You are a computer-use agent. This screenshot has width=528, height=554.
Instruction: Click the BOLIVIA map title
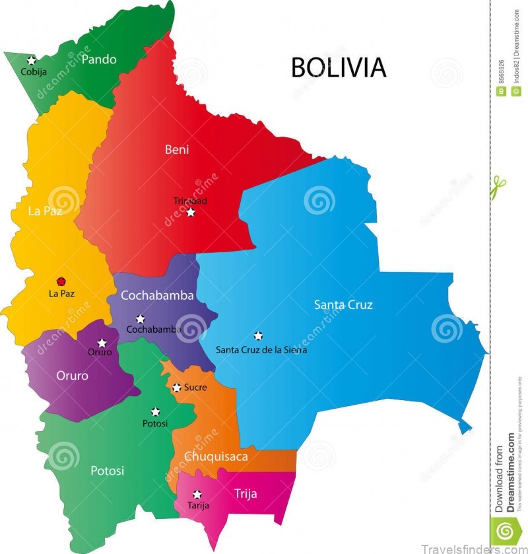click(339, 67)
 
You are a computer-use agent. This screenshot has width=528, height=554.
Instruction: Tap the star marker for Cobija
click(31, 61)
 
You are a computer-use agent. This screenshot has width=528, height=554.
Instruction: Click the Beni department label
click(176, 150)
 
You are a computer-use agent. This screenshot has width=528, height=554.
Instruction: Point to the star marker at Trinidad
click(191, 212)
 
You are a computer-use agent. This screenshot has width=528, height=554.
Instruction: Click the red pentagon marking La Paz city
click(61, 281)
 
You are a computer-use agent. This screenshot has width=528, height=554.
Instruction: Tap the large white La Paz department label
click(45, 211)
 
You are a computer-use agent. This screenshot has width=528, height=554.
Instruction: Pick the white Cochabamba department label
click(157, 295)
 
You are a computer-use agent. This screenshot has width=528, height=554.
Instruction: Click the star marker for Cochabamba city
click(141, 319)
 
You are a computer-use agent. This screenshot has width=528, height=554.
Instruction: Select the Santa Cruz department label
click(343, 304)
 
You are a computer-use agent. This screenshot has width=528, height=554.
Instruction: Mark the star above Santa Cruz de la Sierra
click(258, 335)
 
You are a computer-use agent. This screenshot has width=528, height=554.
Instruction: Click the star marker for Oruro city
click(102, 343)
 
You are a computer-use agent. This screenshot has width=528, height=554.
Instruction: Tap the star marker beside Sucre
click(176, 388)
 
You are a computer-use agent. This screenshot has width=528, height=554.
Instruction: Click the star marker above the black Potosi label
click(156, 411)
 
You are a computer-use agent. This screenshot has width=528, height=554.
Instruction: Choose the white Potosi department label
click(107, 471)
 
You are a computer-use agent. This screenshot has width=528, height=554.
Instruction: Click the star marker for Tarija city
click(197, 494)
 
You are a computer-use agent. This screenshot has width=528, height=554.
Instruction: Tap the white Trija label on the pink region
click(246, 493)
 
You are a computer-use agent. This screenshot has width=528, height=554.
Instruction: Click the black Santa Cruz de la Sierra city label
click(261, 350)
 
